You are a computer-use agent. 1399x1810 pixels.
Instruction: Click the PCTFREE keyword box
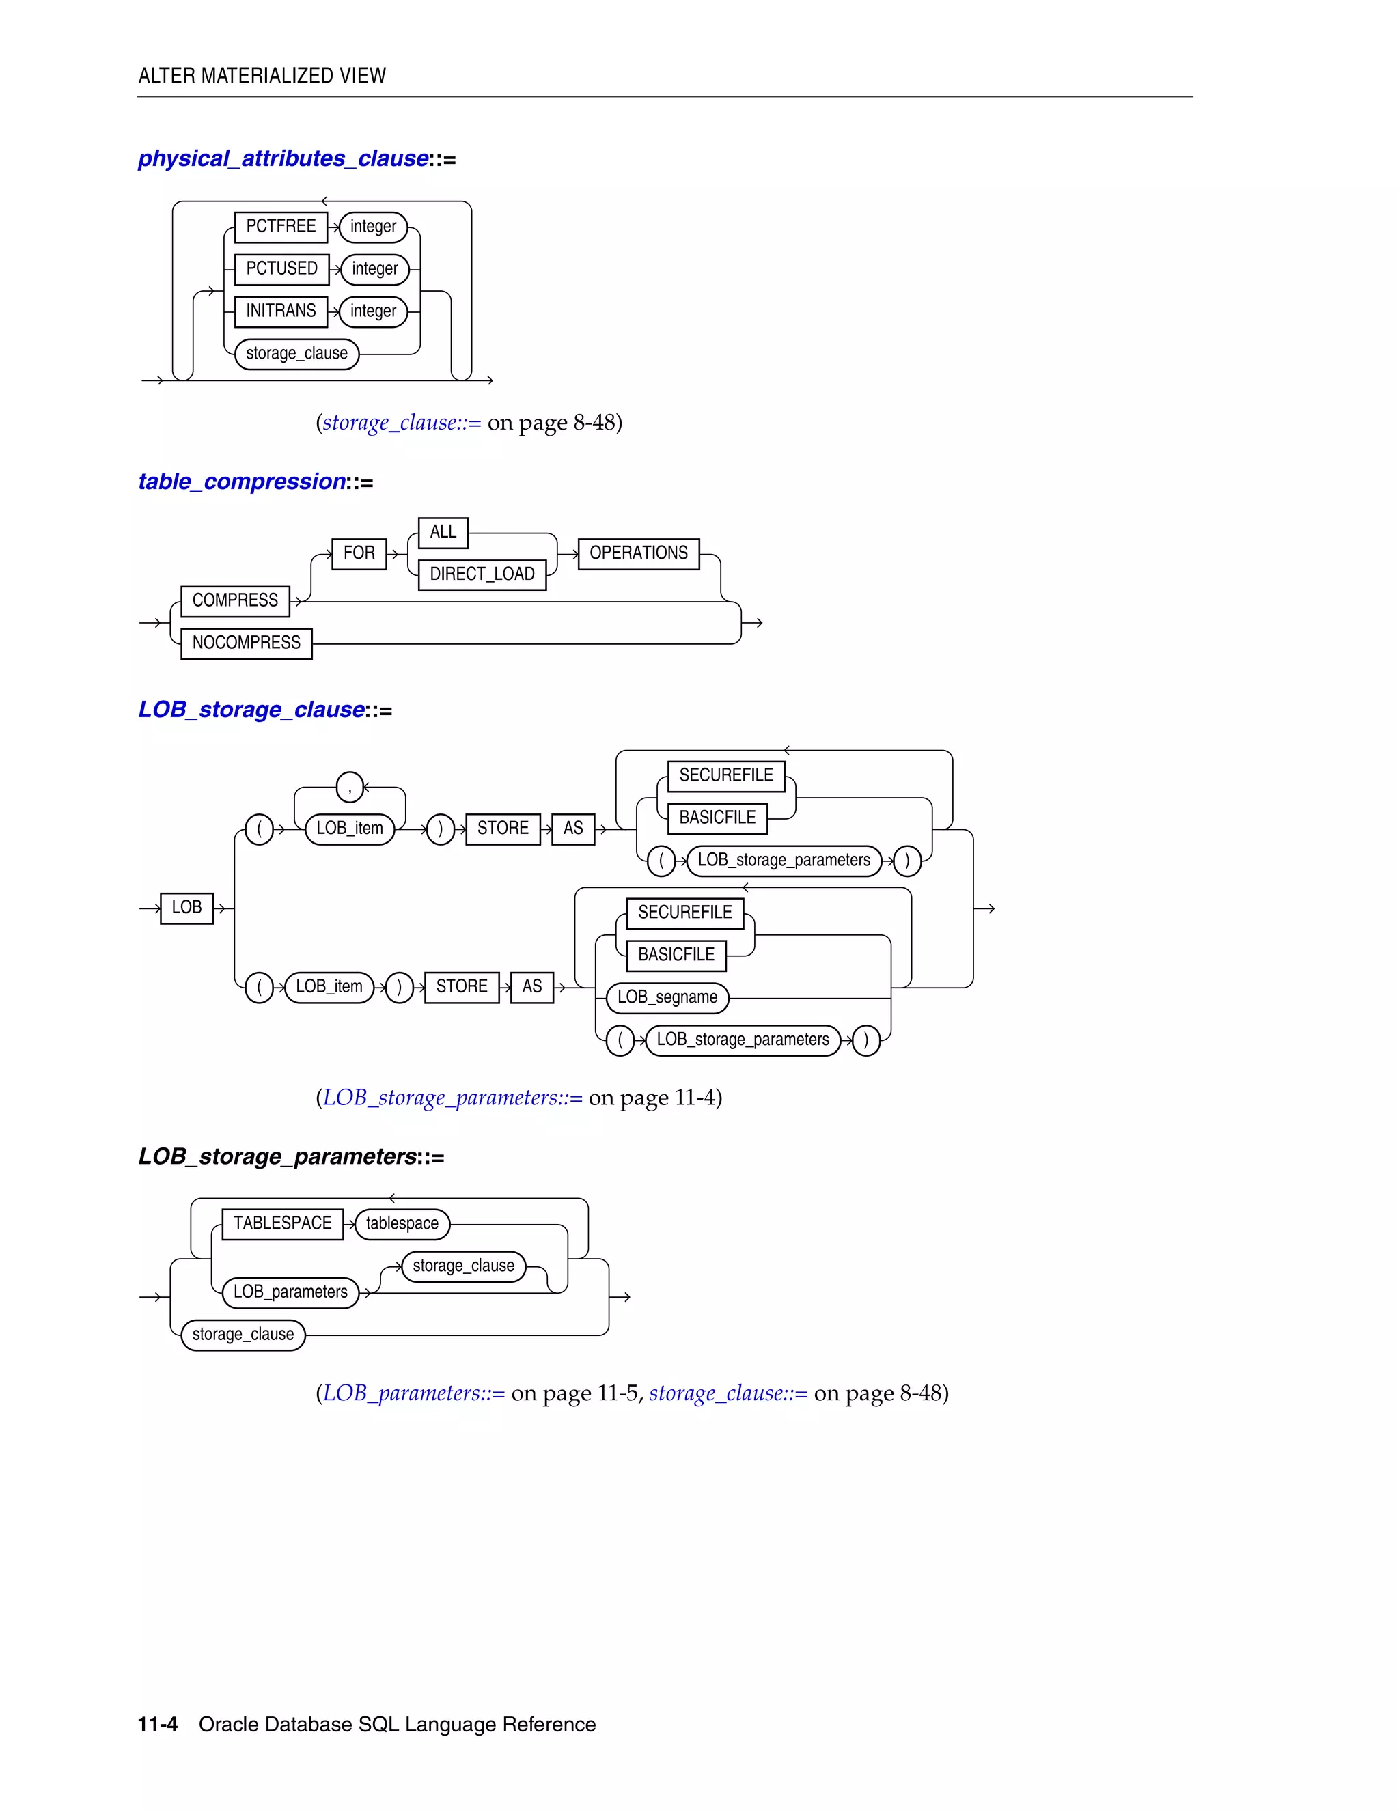pos(281,226)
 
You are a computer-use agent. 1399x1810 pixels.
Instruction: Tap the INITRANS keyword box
pos(281,311)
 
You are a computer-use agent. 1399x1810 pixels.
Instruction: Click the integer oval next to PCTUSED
pos(374,268)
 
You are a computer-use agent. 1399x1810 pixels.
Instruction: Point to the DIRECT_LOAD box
pos(482,574)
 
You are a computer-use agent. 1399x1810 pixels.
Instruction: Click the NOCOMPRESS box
pos(246,643)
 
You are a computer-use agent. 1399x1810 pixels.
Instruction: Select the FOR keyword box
pos(359,553)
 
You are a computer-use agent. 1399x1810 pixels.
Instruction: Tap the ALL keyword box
pos(443,532)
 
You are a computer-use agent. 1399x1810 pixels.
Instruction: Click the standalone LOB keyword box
pos(186,908)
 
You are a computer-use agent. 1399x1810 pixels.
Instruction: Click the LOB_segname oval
pos(667,997)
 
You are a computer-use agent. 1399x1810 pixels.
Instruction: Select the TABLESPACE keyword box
pos(282,1223)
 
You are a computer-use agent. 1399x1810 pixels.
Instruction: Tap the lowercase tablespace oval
pos(402,1223)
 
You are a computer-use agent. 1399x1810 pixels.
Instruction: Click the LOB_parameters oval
pos(290,1292)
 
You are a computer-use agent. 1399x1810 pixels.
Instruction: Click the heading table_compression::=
pos(255,482)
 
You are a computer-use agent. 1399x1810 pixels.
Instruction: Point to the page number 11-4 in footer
pos(158,1725)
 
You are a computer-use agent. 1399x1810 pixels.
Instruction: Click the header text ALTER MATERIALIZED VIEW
pos(262,75)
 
